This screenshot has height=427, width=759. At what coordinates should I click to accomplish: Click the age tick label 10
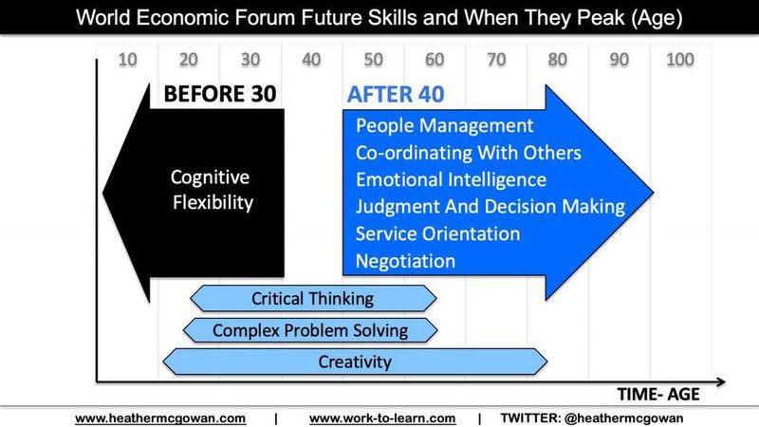point(128,60)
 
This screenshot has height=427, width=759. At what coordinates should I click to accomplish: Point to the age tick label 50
point(373,60)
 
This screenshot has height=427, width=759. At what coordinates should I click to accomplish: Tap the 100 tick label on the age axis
point(680,60)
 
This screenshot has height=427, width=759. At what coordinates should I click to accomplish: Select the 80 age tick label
point(558,60)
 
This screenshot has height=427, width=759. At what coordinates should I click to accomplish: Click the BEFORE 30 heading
point(220,94)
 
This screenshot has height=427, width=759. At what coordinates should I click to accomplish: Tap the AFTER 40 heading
point(396,94)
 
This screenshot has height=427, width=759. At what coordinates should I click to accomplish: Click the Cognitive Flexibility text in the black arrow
point(212,190)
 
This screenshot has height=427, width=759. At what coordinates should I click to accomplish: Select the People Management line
point(444,126)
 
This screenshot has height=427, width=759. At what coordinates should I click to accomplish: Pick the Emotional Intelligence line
point(451,179)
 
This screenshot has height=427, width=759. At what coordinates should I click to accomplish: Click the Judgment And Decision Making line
point(491,207)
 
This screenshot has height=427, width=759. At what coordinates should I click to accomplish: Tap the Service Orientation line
point(437,233)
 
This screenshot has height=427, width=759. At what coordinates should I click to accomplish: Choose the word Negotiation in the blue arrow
point(405,262)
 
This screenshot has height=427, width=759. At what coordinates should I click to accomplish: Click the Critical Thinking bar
point(313,298)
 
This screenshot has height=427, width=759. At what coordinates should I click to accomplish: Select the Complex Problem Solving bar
point(310,330)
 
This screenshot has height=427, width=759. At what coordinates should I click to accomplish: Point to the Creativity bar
point(355,362)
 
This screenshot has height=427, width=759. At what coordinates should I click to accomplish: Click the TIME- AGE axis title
point(658,395)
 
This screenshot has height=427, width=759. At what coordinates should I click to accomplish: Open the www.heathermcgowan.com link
point(160,418)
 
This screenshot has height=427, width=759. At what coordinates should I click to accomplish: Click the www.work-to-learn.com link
point(382,418)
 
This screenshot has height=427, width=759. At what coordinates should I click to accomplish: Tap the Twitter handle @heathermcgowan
point(624,418)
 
